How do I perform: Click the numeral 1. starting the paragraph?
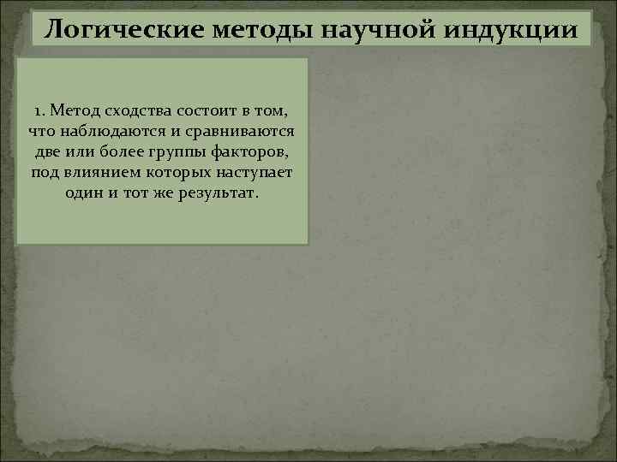pos(40,111)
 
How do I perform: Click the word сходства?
pos(135,111)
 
